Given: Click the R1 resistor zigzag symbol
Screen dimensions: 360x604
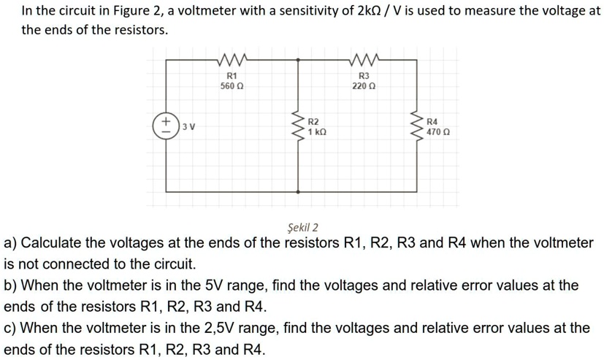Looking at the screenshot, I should pos(232,60).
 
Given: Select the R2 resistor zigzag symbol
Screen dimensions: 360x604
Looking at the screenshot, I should pos(298,126).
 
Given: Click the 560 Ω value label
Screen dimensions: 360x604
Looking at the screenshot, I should pos(232,85).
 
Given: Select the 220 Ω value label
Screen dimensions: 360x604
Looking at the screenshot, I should pos(364,85).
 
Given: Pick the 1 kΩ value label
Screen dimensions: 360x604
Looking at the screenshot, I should pos(316,132).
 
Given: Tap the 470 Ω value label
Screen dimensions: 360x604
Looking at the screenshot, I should pos(437,132).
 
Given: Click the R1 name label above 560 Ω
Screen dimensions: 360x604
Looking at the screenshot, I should pos(232,75).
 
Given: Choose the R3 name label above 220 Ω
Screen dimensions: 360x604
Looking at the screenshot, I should pos(364,75).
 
